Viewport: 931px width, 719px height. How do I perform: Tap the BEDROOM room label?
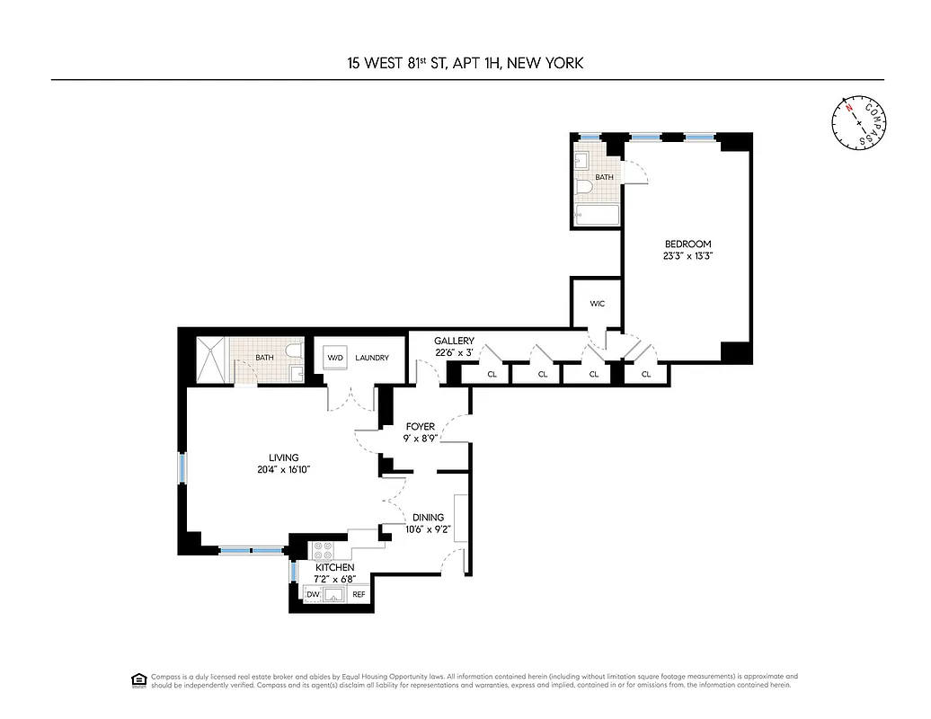[x=687, y=244]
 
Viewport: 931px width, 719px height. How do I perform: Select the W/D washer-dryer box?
[x=335, y=357]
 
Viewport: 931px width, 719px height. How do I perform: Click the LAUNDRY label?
[x=371, y=358]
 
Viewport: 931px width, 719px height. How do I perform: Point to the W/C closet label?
[x=598, y=304]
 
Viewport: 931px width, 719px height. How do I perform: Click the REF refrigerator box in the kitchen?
[x=359, y=594]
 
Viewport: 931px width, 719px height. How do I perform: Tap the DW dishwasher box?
[x=314, y=594]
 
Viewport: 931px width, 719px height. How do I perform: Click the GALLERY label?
[x=454, y=342]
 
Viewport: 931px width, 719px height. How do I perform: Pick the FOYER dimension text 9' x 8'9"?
[x=420, y=439]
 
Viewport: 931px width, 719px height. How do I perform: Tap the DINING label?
[x=428, y=518]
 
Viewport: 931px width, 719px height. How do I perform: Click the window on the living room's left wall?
[x=182, y=468]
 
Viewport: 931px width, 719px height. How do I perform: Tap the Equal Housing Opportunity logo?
[x=138, y=679]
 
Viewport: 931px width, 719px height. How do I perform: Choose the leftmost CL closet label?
[x=492, y=374]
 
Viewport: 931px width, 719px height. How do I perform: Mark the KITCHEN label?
[x=334, y=568]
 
